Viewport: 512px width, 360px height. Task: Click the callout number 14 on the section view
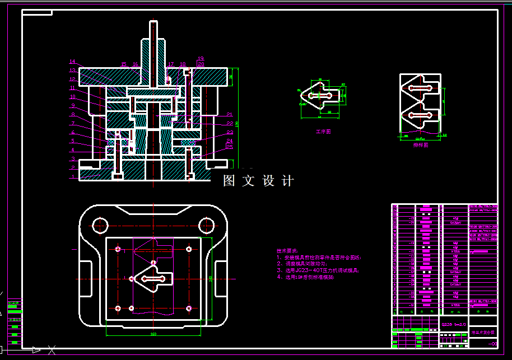72,62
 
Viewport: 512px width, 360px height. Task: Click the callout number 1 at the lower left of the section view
72,176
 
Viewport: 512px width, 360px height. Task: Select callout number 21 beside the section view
230,114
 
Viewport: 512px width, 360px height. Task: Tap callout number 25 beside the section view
230,147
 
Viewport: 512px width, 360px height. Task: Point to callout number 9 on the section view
72,105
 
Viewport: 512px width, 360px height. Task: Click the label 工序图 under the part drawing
323,132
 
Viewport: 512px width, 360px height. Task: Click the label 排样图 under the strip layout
421,145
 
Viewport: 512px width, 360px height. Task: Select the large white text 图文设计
258,181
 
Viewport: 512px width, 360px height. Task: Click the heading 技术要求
287,251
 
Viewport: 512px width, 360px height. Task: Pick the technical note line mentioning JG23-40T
318,270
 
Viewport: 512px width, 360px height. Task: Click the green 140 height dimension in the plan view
211,278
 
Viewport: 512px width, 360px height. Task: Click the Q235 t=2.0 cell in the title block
453,324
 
